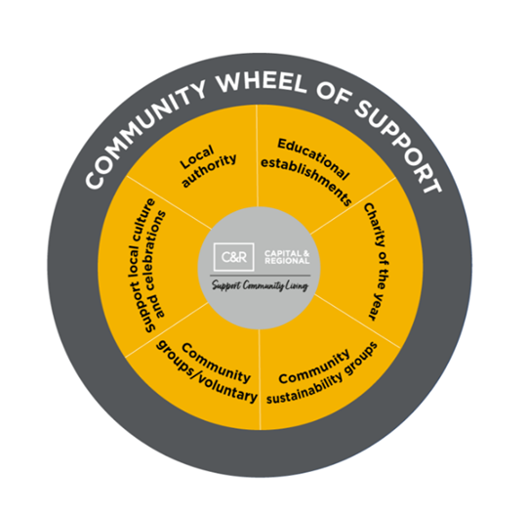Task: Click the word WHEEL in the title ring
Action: [x=262, y=82]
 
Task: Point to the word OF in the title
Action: [x=333, y=96]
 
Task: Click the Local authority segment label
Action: [x=208, y=166]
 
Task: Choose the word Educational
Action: [x=313, y=158]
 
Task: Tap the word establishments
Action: [x=306, y=181]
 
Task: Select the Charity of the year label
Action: [x=377, y=262]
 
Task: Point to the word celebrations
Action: [x=157, y=265]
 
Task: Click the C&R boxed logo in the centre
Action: [x=234, y=257]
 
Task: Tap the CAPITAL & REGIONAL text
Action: [x=287, y=257]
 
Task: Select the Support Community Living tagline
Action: [x=260, y=285]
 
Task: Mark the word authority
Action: [x=210, y=171]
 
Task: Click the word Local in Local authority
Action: [x=196, y=157]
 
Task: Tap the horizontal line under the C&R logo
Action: [x=261, y=276]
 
